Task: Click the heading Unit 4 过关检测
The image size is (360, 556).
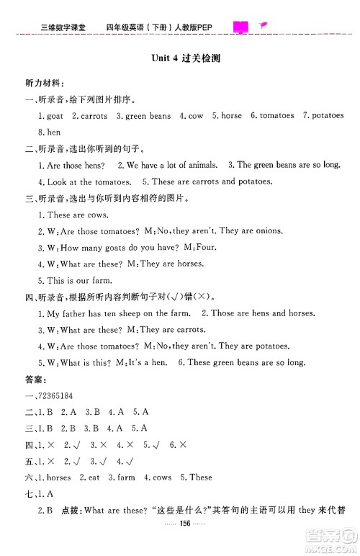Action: pos(180,60)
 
